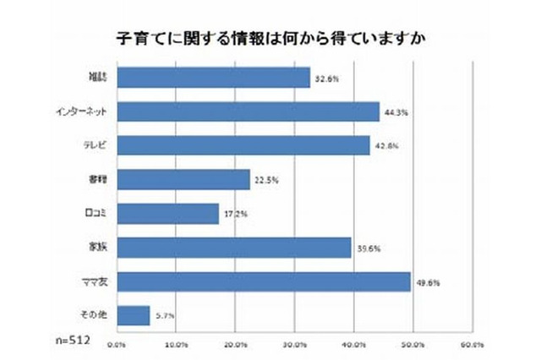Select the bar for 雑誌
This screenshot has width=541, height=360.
213,78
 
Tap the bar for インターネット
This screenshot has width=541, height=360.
248,112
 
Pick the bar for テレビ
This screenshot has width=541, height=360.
243,145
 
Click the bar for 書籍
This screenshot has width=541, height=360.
183,179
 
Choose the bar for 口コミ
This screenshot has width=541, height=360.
167,213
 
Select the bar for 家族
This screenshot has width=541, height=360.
234,247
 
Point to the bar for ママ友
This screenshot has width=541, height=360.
264,281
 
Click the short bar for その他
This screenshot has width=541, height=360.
134,314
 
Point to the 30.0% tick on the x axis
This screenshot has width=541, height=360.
294,344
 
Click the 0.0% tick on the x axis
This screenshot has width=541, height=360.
117,344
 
